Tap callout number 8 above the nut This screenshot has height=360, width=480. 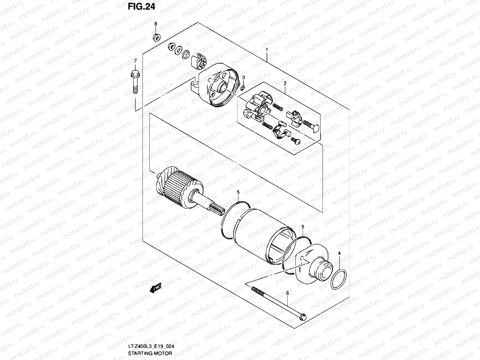[x=156, y=24]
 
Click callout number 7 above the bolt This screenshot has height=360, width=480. [x=135, y=61]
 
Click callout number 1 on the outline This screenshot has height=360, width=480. [x=266, y=49]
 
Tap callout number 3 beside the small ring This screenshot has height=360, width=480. [x=243, y=78]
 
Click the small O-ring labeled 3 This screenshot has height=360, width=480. [x=243, y=88]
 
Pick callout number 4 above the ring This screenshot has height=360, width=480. [x=339, y=253]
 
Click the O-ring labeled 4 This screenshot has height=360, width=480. [x=339, y=279]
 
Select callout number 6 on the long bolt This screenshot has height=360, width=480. [x=287, y=292]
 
